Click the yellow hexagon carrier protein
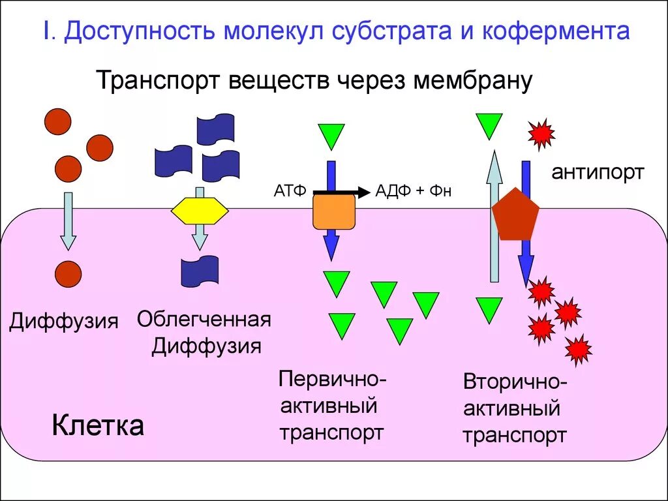tap(200, 211)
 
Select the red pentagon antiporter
tap(515, 215)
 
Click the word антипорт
tap(598, 172)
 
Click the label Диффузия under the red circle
tap(63, 321)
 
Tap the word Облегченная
tap(204, 320)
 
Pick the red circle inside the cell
tap(68, 274)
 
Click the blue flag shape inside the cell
tap(200, 271)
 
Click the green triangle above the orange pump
tap(331, 136)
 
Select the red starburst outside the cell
tap(541, 134)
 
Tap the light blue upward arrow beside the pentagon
tap(495, 215)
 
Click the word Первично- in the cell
tap(333, 379)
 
